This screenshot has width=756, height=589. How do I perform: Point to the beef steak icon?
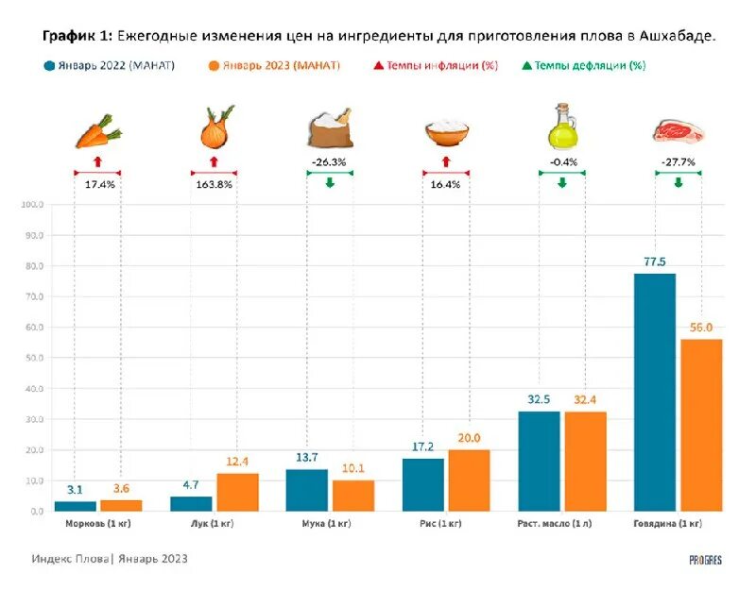(x=678, y=130)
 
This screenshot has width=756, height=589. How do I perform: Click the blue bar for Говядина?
(x=654, y=392)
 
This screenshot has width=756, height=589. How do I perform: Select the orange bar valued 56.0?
(x=700, y=425)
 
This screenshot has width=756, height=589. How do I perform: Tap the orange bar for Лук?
(x=237, y=492)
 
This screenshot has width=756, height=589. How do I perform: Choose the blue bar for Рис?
(x=422, y=484)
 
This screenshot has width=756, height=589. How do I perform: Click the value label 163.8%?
(x=215, y=185)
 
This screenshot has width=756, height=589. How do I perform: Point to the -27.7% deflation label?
(x=678, y=162)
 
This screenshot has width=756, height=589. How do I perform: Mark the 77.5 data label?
(x=654, y=261)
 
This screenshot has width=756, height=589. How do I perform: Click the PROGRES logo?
(x=705, y=560)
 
